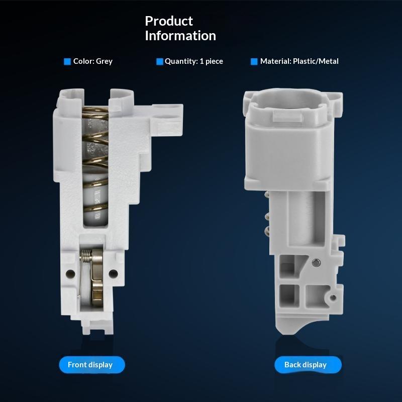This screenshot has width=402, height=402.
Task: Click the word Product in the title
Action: click(169, 21)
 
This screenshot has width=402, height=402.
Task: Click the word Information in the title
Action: click(180, 35)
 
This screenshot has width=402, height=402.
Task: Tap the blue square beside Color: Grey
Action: click(67, 61)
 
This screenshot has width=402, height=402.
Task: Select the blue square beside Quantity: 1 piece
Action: click(159, 61)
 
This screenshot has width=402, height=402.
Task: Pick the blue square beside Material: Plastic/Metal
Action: click(254, 61)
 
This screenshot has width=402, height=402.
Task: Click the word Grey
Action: click(104, 61)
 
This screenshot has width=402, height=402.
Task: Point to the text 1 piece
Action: click(211, 61)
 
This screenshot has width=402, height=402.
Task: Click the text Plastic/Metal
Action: click(316, 61)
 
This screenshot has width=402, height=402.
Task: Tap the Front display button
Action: click(92, 365)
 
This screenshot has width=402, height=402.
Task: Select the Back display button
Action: click(308, 365)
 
